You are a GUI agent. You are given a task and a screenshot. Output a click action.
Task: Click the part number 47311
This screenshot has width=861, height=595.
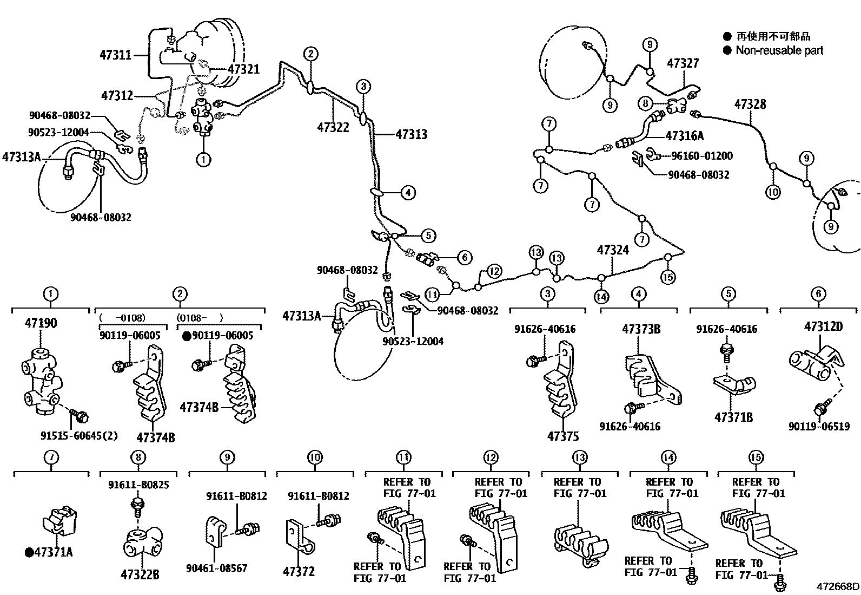(x=115, y=55)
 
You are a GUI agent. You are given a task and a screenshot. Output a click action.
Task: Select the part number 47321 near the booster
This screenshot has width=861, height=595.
(x=243, y=69)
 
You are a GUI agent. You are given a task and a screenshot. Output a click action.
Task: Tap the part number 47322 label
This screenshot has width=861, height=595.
(x=333, y=127)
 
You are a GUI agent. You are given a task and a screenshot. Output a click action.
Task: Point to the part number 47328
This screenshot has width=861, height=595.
(x=750, y=104)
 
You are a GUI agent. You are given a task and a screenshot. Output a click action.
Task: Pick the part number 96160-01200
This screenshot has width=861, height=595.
(x=701, y=156)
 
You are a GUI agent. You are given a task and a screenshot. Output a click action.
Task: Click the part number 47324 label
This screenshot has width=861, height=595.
(x=613, y=250)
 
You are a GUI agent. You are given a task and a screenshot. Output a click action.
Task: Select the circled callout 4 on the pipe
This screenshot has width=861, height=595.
(x=408, y=192)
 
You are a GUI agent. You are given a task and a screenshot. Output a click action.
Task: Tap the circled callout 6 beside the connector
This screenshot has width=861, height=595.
(x=464, y=258)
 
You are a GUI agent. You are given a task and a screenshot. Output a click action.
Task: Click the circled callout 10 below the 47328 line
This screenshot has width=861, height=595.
(x=773, y=192)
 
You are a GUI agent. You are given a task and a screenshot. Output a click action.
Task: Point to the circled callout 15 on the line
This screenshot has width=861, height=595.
(x=668, y=277)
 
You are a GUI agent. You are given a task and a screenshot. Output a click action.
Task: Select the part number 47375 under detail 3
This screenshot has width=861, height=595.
(x=563, y=436)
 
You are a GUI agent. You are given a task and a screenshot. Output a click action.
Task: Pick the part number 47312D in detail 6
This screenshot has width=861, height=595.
(x=823, y=326)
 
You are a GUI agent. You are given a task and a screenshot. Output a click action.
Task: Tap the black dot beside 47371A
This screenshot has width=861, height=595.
(x=28, y=552)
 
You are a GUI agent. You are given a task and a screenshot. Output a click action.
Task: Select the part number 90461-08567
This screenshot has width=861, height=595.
(x=216, y=568)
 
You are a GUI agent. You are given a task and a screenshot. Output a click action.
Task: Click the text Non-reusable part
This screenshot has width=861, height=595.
(x=779, y=50)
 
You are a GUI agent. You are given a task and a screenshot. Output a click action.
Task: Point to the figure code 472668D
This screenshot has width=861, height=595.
(x=838, y=586)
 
